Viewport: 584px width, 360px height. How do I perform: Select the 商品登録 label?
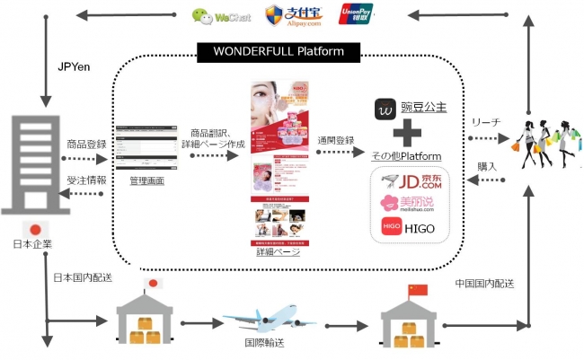tap(87, 144)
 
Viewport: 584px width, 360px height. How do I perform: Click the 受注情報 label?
tap(87, 180)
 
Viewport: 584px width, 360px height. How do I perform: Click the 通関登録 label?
tap(336, 142)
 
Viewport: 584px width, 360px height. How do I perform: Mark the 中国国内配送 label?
tap(485, 284)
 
